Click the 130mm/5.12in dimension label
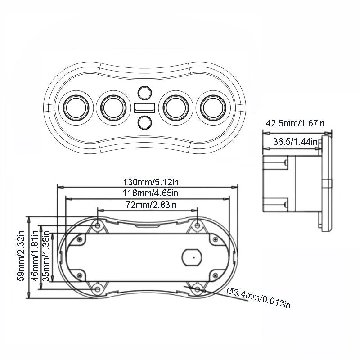(x=148, y=183)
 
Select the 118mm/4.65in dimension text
(x=148, y=193)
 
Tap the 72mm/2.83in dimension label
(x=148, y=205)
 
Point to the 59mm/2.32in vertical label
(x=21, y=256)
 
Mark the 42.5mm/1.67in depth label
(x=295, y=123)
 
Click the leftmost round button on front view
(x=77, y=108)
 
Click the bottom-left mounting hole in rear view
(x=97, y=288)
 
